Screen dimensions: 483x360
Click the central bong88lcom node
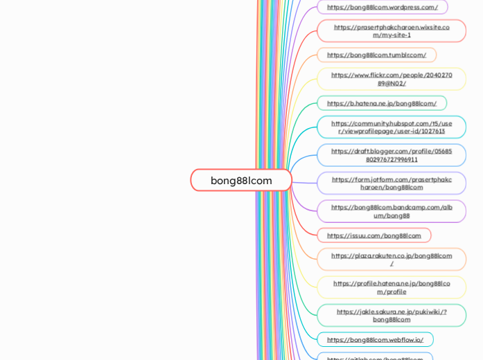[241, 180]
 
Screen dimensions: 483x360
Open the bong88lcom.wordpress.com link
[382, 7]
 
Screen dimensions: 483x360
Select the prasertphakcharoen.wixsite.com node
[391, 31]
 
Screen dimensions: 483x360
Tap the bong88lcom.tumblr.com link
[376, 55]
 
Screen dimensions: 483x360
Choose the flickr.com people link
[391, 79]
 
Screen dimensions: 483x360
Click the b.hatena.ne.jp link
[381, 103]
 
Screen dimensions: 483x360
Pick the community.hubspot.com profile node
[391, 127]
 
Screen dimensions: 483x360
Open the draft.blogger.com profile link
[391, 155]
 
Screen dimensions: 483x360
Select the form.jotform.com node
[391, 183]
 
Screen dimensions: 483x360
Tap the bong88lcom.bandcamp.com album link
[391, 211]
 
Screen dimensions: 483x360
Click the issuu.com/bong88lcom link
[374, 235]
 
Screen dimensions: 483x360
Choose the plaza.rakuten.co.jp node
[391, 260]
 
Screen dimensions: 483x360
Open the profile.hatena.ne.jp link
[391, 287]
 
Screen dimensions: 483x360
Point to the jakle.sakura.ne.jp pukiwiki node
[391, 316]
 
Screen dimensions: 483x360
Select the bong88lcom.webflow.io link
[375, 340]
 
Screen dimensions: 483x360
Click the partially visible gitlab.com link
[375, 358]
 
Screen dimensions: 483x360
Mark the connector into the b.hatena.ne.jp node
[305, 109]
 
